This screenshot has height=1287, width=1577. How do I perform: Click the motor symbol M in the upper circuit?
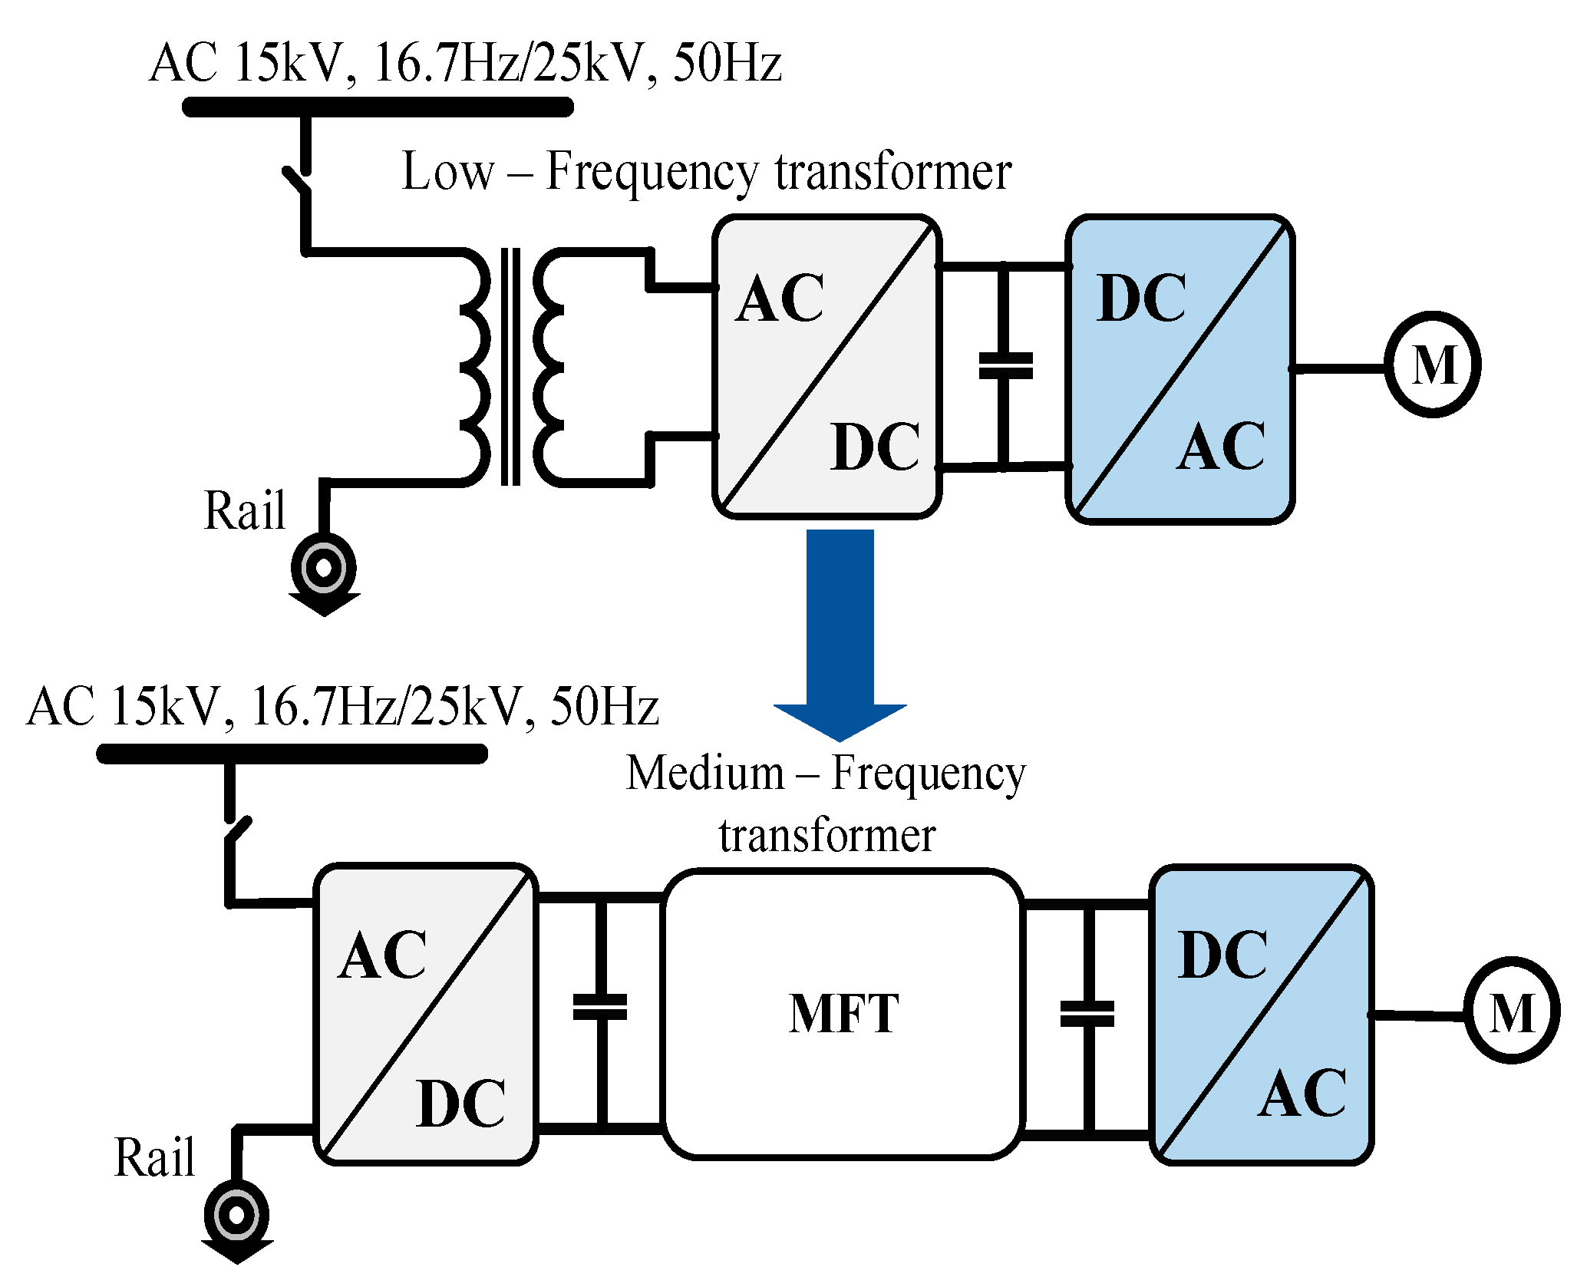tap(1432, 365)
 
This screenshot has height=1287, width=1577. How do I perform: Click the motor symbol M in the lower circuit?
tap(1511, 1011)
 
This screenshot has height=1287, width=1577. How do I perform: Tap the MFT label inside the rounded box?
tap(843, 1013)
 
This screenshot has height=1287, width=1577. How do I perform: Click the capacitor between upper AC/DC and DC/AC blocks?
tap(1005, 366)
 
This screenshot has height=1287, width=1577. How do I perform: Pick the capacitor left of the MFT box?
tap(600, 1007)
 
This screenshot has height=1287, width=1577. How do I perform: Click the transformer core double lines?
tap(510, 366)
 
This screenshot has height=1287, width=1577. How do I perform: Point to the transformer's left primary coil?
tap(476, 366)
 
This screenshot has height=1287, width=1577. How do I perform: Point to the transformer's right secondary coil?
tap(548, 366)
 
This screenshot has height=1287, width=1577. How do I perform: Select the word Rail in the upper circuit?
tap(244, 510)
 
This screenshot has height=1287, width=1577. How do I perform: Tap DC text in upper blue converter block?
tap(1141, 299)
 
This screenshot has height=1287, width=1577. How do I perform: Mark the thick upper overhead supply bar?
tap(378, 107)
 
